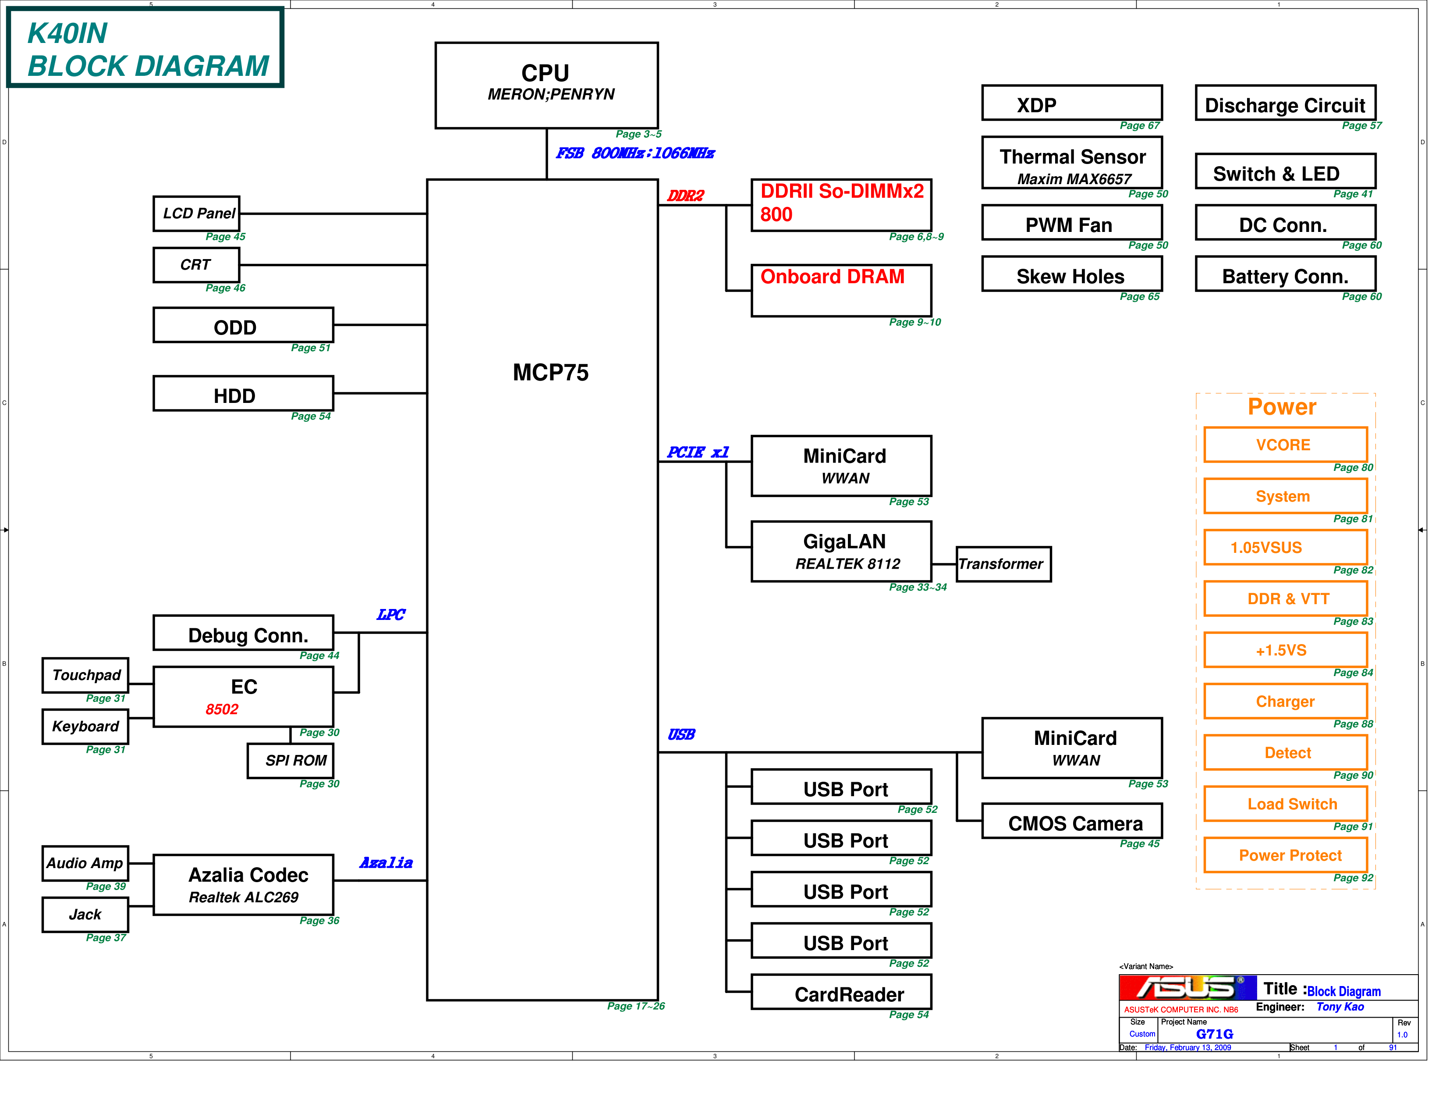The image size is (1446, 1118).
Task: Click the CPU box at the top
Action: [x=546, y=85]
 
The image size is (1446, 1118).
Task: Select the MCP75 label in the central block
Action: [x=550, y=372]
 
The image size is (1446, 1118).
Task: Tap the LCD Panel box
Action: [x=197, y=213]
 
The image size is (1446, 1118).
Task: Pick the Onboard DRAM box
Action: [x=841, y=290]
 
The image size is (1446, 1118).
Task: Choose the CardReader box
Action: [x=841, y=992]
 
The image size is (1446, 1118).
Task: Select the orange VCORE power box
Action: [x=1285, y=445]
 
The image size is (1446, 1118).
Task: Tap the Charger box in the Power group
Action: [x=1285, y=701]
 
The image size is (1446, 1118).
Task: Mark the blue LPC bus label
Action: [x=390, y=615]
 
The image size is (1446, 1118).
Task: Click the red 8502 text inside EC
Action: [x=222, y=709]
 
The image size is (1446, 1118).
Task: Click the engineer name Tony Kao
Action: [x=1340, y=1007]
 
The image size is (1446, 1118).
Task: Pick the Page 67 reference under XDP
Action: [x=1139, y=126]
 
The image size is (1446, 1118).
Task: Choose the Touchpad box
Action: [x=85, y=675]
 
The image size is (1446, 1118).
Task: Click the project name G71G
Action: [x=1214, y=1034]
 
